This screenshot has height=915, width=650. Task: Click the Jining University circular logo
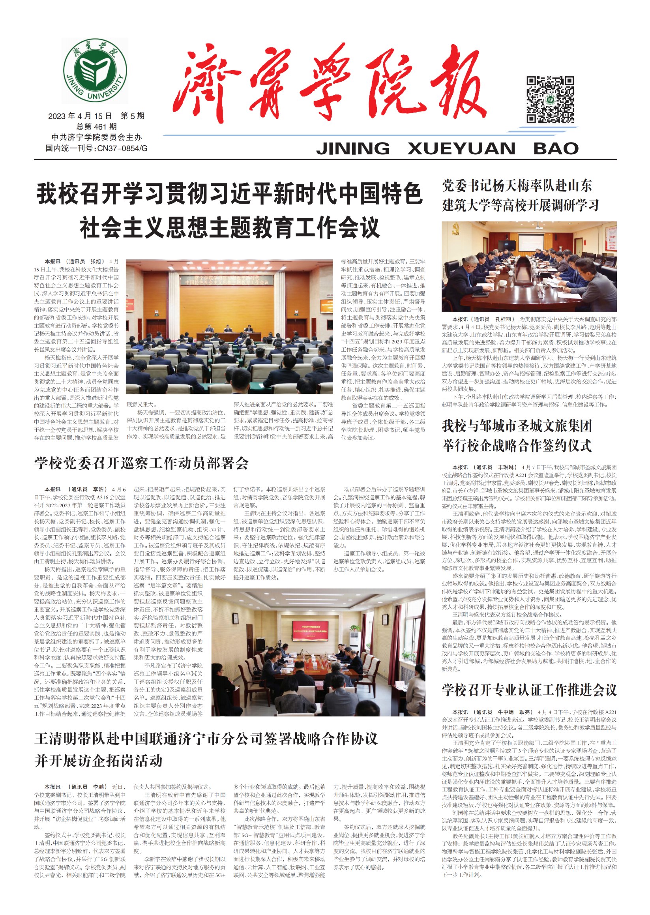(x=95, y=71)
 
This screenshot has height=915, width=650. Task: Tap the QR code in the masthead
(x=550, y=99)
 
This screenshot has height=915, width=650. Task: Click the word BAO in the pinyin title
(x=556, y=148)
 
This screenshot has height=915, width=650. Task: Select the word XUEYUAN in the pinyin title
(x=461, y=148)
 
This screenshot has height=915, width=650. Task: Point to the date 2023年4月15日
(x=80, y=116)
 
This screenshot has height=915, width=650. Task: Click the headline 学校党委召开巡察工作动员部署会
(x=141, y=463)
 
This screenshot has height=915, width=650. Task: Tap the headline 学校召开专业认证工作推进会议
(x=529, y=690)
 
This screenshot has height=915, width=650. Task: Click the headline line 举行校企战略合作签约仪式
(x=517, y=446)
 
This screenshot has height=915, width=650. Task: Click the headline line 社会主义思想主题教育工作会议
(x=229, y=227)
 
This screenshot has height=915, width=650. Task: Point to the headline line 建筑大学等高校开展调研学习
(x=520, y=205)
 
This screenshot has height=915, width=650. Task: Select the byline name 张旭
(x=97, y=261)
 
